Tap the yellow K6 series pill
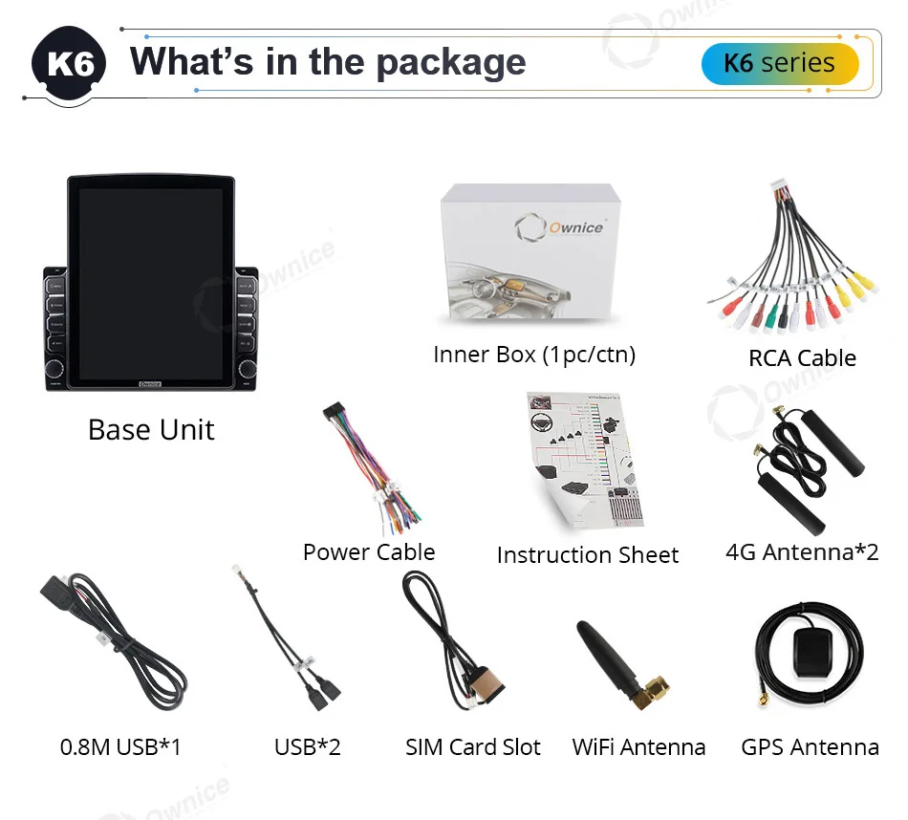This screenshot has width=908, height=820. [779, 64]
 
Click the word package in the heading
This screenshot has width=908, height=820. [450, 61]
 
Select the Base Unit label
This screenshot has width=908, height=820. [151, 429]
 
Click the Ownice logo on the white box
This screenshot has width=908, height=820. [559, 228]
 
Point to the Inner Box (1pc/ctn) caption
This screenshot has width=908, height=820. [533, 355]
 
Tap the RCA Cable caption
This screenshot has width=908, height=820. [802, 357]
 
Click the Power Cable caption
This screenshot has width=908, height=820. [369, 551]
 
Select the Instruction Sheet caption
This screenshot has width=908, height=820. [587, 554]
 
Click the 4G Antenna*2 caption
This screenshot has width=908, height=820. [802, 551]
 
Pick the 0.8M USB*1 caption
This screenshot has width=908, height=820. [120, 746]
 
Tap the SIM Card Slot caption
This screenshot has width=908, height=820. [473, 746]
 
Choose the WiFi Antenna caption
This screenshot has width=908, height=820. [638, 746]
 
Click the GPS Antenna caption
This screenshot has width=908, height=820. [810, 746]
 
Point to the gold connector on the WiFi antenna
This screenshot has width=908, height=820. [656, 690]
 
